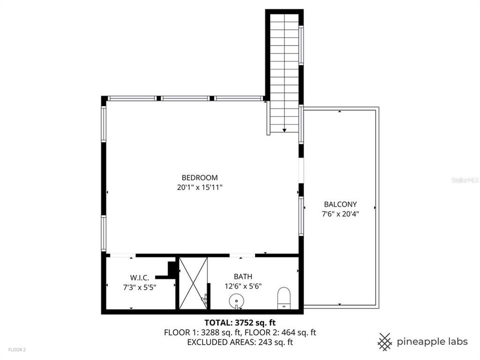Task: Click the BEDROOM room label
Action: (199, 177)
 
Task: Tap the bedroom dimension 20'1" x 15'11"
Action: (199, 187)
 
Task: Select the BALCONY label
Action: (340, 204)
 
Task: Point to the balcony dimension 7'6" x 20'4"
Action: (340, 214)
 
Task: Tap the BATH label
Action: (243, 276)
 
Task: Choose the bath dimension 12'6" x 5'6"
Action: (243, 286)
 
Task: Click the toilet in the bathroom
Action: (284, 297)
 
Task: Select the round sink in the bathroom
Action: (236, 301)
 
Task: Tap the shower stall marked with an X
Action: (193, 282)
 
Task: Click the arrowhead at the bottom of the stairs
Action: (284, 130)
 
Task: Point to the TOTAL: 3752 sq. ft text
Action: (240, 322)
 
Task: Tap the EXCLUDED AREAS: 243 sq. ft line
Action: (240, 342)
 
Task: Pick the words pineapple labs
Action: (432, 342)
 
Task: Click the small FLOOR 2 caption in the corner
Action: (16, 349)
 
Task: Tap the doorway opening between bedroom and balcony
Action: (301, 171)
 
